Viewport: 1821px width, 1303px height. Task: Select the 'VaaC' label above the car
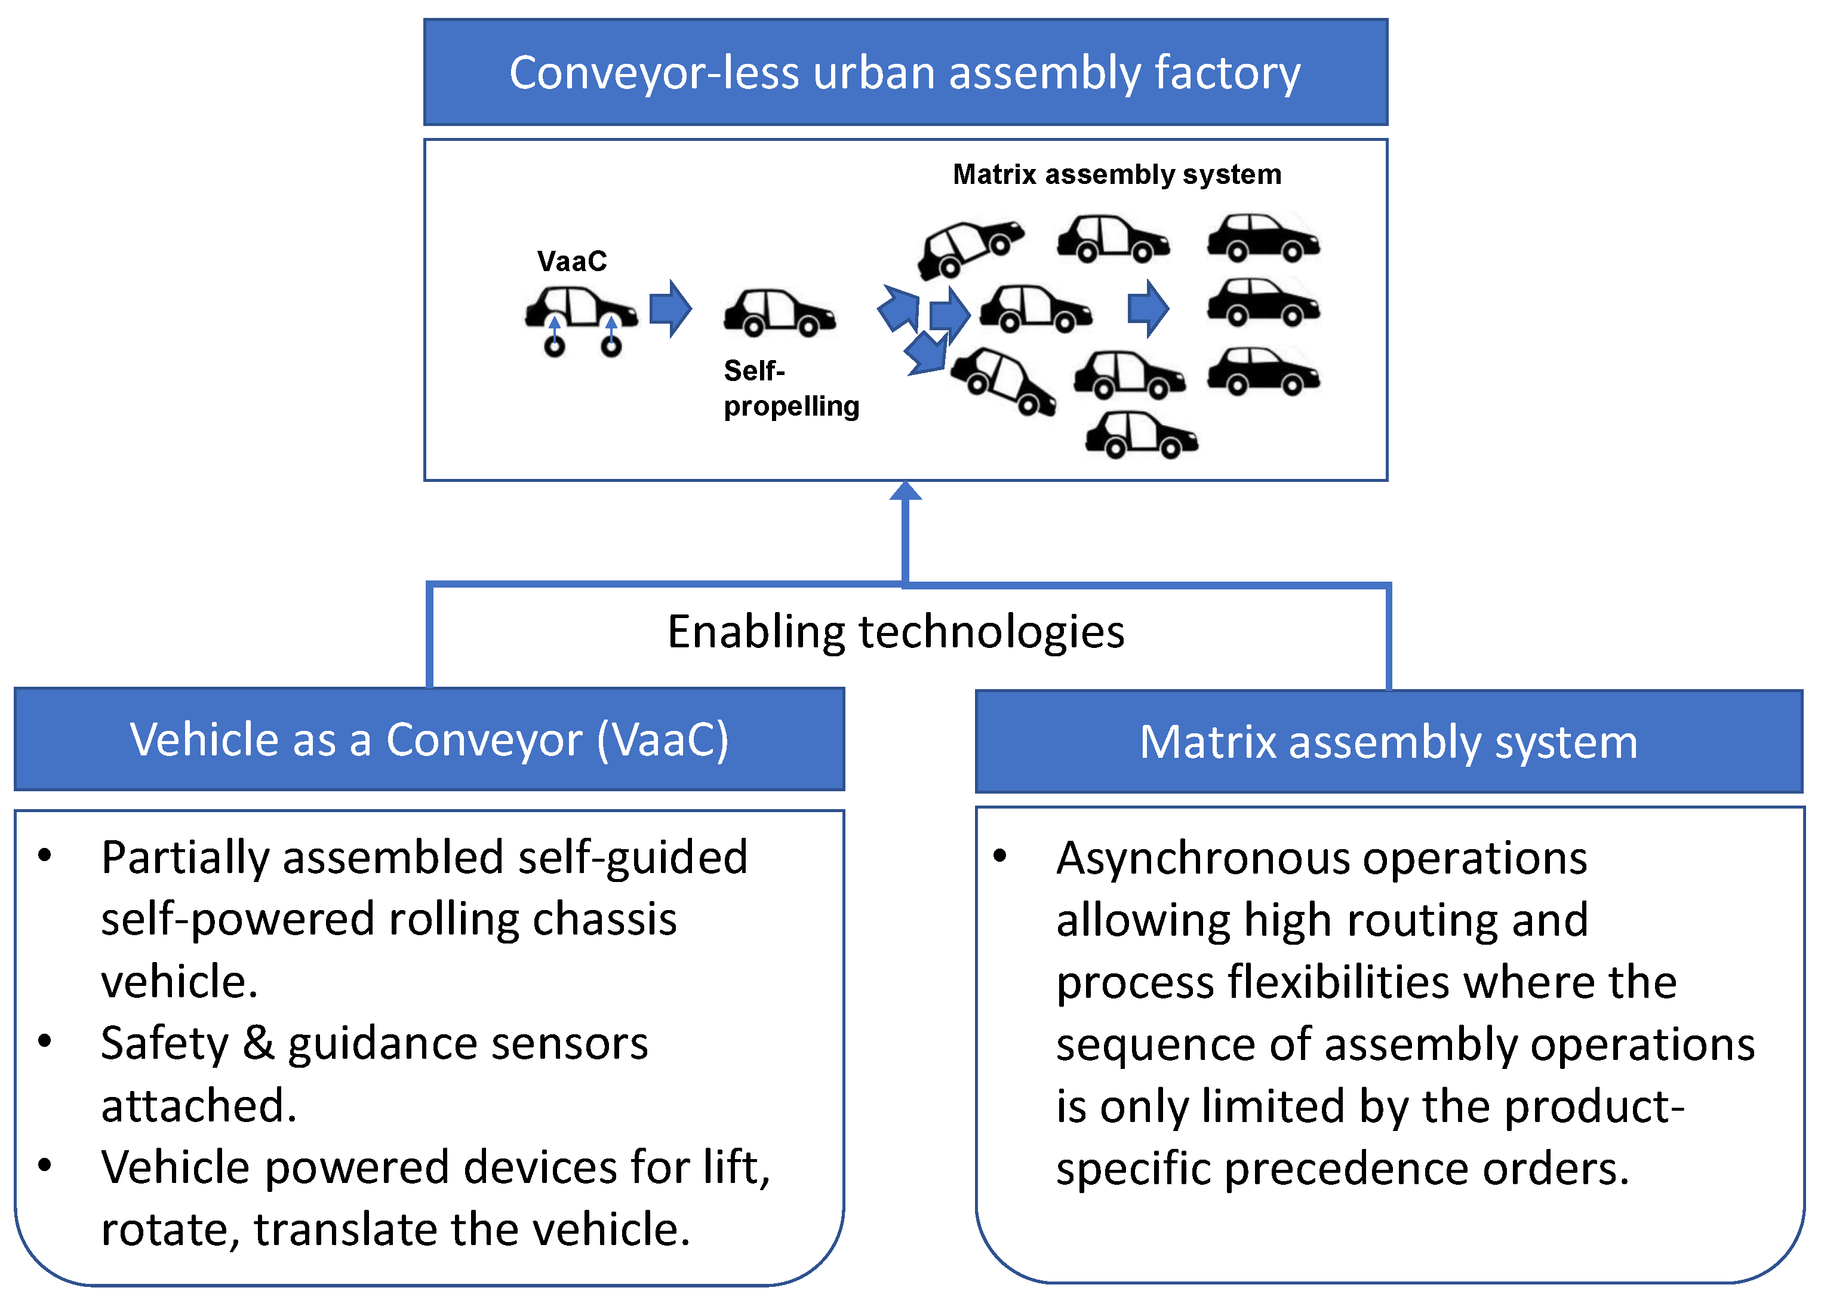click(571, 262)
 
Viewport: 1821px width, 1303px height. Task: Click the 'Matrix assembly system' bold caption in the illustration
click(1116, 175)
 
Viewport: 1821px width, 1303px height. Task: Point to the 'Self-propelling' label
click(790, 388)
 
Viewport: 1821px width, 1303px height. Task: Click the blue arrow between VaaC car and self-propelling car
click(670, 308)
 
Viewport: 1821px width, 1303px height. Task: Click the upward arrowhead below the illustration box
click(906, 491)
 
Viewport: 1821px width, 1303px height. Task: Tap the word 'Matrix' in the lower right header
click(1207, 742)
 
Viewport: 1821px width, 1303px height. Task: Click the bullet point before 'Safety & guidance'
click(45, 1042)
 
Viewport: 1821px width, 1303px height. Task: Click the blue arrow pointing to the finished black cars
click(1148, 308)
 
